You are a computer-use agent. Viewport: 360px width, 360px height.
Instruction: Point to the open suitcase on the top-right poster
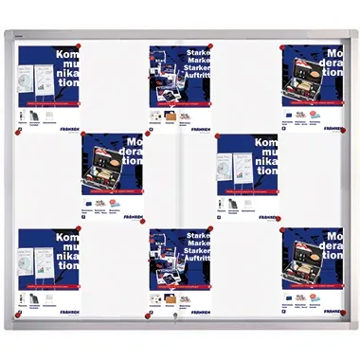315,96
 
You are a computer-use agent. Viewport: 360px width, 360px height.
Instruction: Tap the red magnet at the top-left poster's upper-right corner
79,45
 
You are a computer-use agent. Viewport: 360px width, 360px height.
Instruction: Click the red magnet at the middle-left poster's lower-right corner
143,221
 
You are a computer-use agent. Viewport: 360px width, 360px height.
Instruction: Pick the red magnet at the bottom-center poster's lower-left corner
148,315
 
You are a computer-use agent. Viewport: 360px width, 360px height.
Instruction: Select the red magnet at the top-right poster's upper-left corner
282,45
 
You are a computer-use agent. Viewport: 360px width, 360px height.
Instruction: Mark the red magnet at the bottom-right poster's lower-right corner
343,312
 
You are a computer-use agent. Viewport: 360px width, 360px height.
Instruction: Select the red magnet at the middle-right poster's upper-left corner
217,137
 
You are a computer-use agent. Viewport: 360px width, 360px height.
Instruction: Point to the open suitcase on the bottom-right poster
315,277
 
